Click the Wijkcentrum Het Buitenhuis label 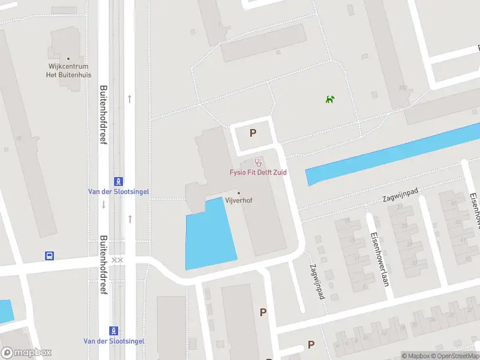68,71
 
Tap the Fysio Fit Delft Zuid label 258,172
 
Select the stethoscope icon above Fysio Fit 259,161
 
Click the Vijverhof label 239,200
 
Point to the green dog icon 329,99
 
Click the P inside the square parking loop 253,133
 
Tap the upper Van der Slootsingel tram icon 118,181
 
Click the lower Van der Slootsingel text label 114,341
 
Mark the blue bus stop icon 50,256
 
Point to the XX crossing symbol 118,260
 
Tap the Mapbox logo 26,353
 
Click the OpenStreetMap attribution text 457,356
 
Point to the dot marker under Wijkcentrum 68,59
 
